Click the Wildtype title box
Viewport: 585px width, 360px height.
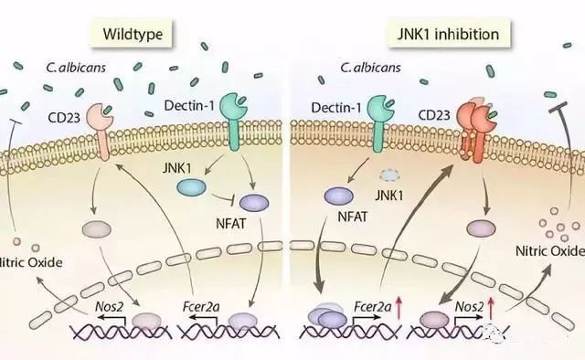click(131, 34)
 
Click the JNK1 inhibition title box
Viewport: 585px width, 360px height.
click(449, 34)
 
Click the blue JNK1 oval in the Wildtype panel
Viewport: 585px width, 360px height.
click(191, 187)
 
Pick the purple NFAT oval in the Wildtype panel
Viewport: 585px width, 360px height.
click(254, 203)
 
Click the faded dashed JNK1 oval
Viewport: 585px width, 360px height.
click(389, 175)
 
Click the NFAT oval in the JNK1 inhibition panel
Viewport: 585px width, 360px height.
click(339, 196)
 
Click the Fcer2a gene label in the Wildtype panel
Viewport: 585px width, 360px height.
click(201, 307)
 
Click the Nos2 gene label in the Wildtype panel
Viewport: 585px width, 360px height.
click(109, 307)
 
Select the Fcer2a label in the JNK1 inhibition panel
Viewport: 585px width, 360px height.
click(372, 307)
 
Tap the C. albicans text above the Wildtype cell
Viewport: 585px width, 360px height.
click(76, 68)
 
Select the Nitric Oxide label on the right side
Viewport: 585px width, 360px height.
click(549, 250)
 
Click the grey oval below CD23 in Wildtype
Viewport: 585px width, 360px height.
click(96, 228)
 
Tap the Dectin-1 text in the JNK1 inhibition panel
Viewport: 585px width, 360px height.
click(336, 108)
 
